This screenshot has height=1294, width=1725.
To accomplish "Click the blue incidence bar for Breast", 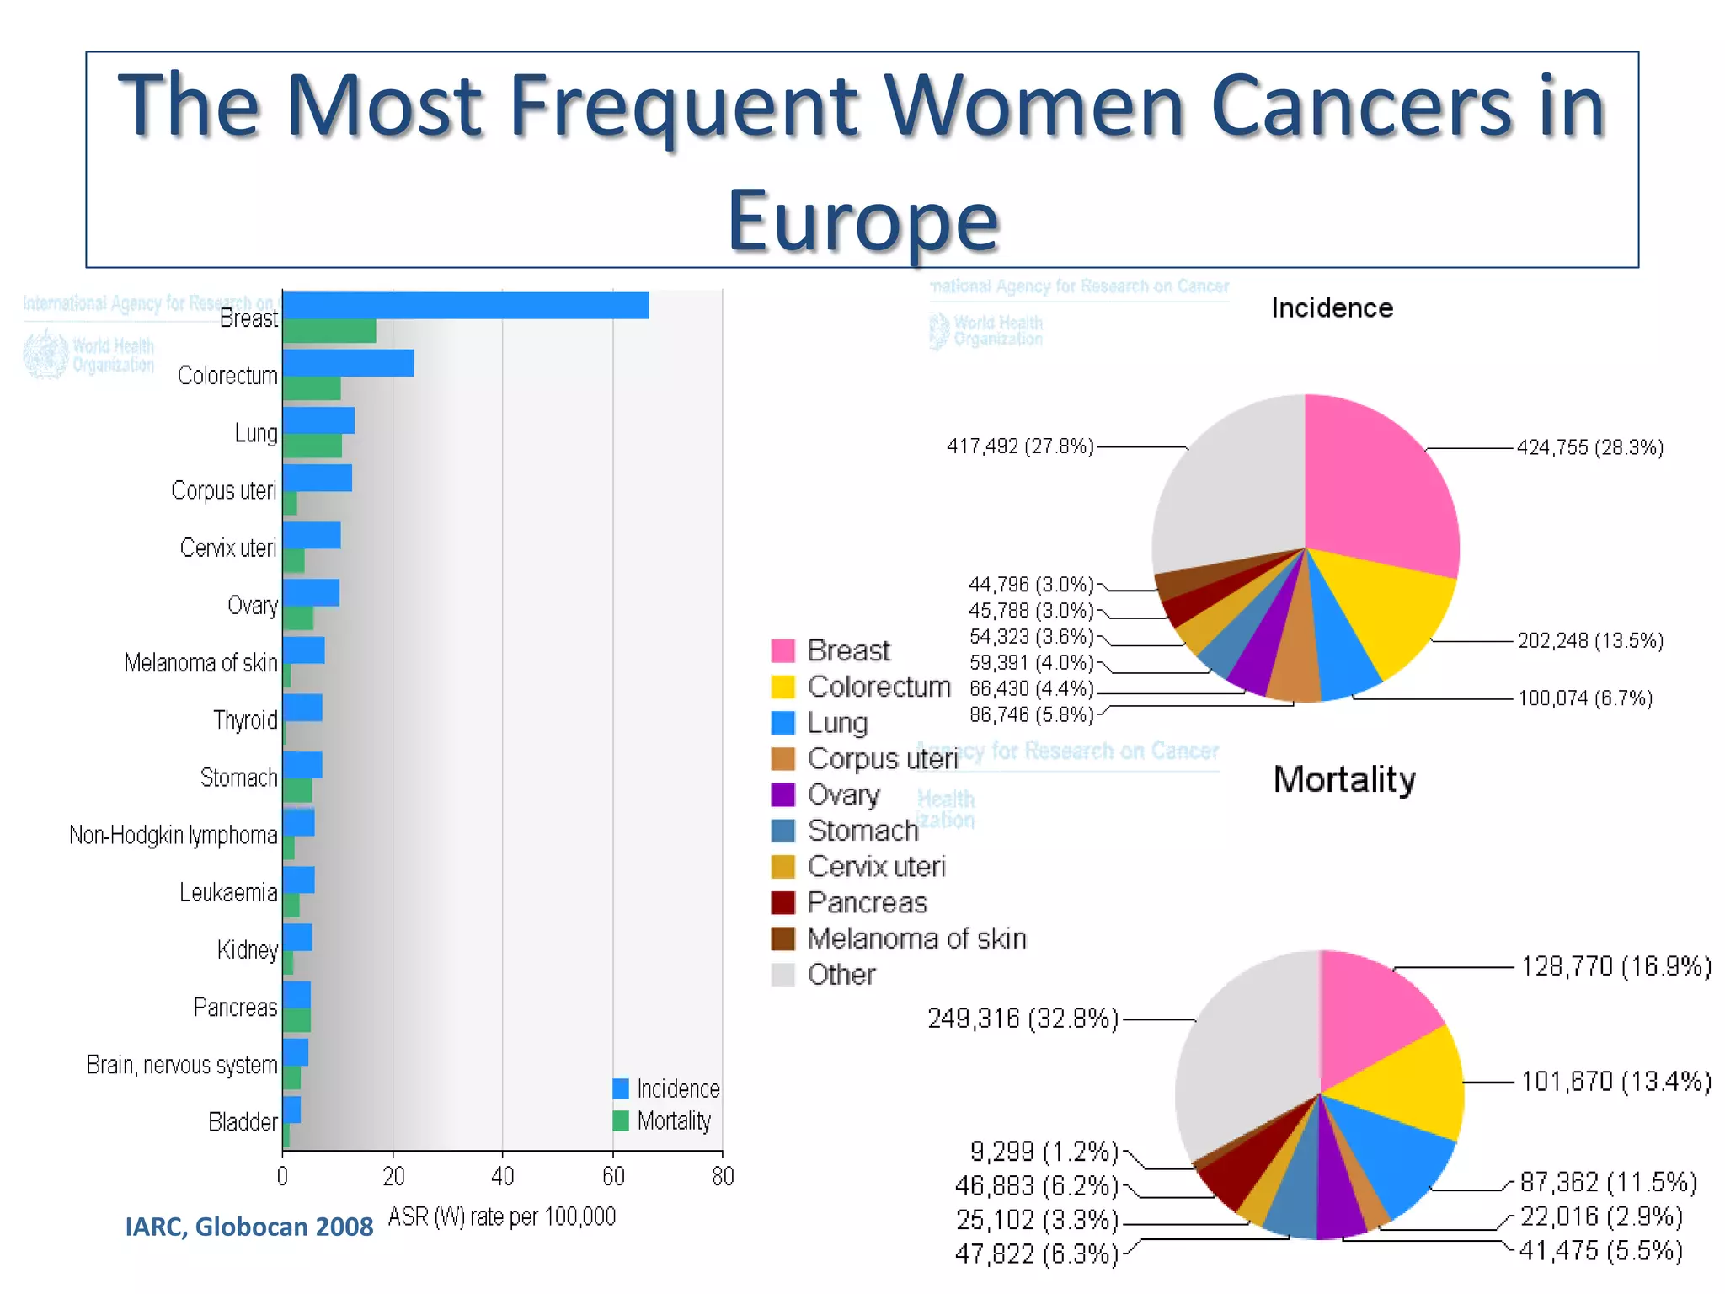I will [x=465, y=305].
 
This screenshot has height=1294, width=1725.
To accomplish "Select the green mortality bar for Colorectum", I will [x=312, y=388].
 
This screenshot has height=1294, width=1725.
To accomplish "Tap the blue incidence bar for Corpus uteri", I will [x=318, y=478].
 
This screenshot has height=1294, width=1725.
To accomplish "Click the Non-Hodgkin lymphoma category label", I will [x=173, y=835].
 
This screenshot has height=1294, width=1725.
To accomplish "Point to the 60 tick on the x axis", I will [x=612, y=1176].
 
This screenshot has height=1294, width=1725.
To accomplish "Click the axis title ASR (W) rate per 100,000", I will [x=502, y=1216].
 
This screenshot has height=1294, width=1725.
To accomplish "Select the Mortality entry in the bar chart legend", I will [x=673, y=1120].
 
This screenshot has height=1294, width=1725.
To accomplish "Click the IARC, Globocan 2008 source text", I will [x=248, y=1227].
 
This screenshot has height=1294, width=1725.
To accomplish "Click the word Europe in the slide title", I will [x=862, y=221].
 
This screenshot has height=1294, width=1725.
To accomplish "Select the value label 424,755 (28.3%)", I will [x=1589, y=447].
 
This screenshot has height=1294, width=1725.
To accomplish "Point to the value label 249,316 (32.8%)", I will [x=1023, y=1019].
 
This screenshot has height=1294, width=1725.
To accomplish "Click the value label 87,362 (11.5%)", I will [x=1608, y=1182].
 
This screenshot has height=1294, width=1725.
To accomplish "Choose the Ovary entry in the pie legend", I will [x=843, y=794].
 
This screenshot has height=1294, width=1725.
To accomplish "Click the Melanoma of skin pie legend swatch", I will [x=782, y=938].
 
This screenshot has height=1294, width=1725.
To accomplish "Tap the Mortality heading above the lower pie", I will [x=1343, y=779].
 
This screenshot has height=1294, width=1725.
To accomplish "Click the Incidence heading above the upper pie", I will [x=1332, y=308].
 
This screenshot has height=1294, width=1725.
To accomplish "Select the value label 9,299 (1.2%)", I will [x=1044, y=1151].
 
